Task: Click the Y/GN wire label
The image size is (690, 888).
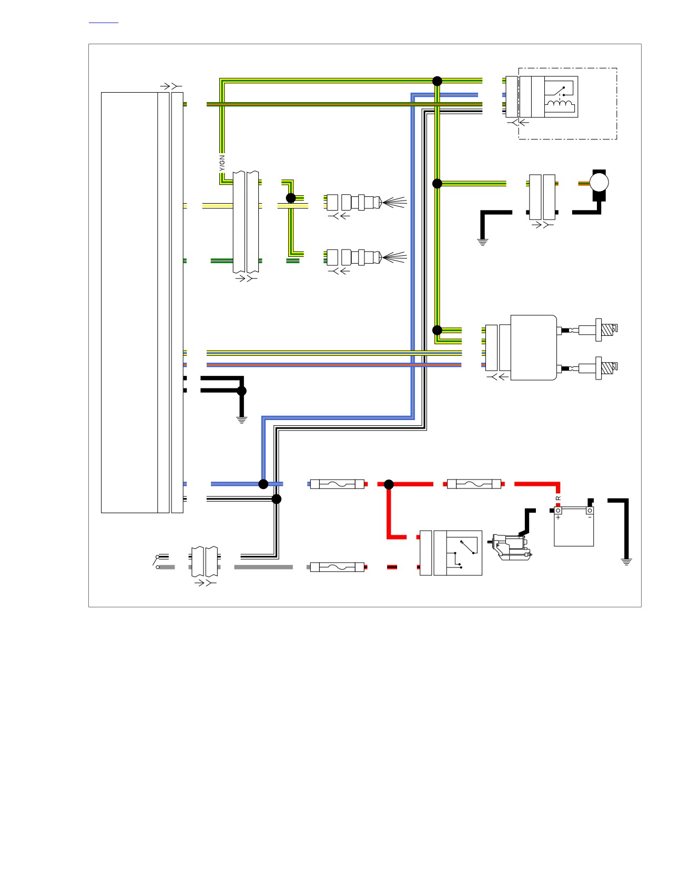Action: click(x=222, y=162)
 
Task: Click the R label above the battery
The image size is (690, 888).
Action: click(x=559, y=498)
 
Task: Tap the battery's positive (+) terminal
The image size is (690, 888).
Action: click(x=558, y=511)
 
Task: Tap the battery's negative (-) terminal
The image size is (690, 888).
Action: click(x=590, y=511)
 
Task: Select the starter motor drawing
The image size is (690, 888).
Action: click(x=511, y=546)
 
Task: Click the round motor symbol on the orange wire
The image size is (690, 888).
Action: click(x=599, y=183)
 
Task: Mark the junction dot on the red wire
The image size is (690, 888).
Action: click(x=389, y=484)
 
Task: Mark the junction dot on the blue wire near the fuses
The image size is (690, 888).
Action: click(x=263, y=484)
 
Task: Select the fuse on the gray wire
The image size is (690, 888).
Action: click(x=337, y=567)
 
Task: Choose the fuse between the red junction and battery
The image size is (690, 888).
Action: click(x=474, y=484)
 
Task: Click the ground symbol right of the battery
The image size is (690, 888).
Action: click(x=626, y=561)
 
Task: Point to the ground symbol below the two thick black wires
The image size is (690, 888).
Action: click(x=241, y=420)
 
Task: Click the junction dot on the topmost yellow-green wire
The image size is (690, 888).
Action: click(x=437, y=81)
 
